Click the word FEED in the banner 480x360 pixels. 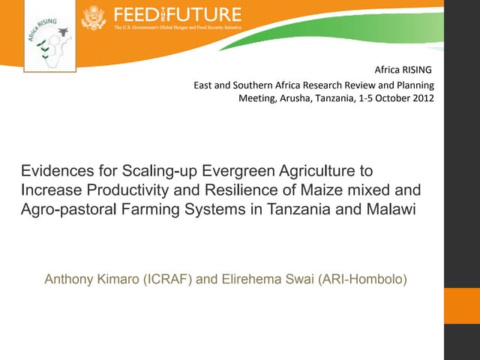click(136, 15)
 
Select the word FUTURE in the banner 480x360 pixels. click(208, 15)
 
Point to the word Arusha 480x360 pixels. click(296, 98)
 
